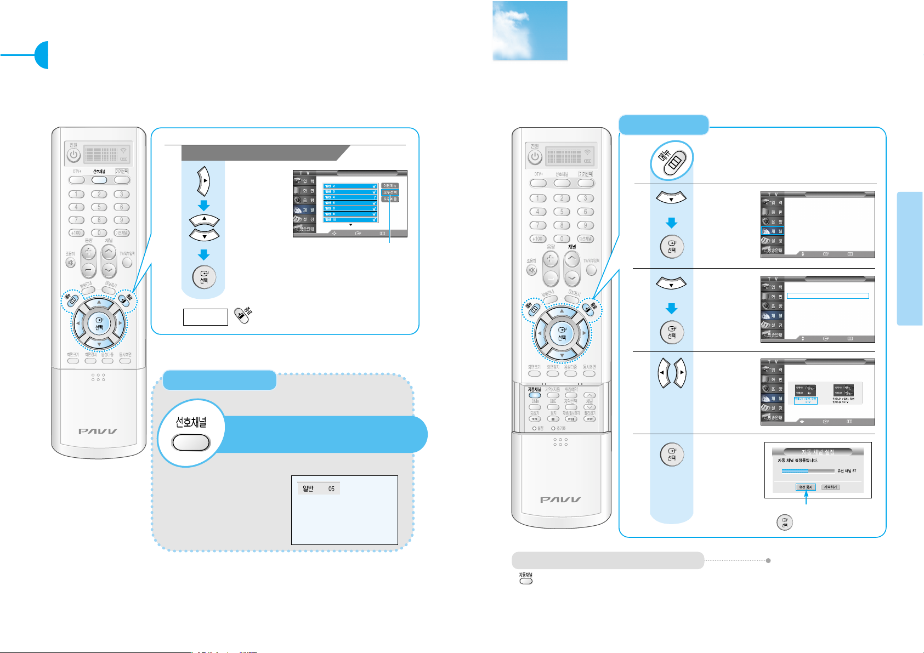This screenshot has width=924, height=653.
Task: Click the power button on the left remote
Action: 73,155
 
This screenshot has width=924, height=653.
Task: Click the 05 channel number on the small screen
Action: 331,489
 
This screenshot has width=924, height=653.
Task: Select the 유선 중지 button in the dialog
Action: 806,487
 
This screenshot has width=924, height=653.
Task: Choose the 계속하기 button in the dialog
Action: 830,487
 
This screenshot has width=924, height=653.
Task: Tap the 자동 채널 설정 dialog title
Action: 814,452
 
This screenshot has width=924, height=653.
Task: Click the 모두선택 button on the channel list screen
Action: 390,192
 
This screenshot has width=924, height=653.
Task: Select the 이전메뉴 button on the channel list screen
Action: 390,186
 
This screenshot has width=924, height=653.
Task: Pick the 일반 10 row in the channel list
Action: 350,220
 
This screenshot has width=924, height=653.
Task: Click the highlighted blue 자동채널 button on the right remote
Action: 534,395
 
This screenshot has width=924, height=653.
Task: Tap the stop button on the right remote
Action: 553,419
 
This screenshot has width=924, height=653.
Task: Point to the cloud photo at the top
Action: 530,31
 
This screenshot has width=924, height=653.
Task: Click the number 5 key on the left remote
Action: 99,207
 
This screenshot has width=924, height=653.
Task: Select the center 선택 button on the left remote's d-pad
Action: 99,323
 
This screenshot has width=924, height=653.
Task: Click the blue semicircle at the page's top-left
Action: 42,55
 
